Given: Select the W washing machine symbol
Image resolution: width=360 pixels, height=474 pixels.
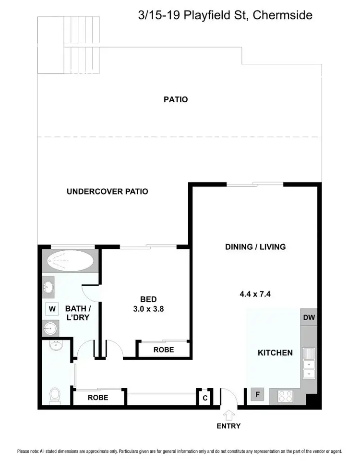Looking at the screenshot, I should coord(51,309).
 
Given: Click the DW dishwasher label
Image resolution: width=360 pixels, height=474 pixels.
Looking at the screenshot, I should coord(309,317).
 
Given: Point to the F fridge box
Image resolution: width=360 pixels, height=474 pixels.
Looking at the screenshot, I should coord(257,395).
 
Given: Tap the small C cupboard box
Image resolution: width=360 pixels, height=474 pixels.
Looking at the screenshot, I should coord(205,398).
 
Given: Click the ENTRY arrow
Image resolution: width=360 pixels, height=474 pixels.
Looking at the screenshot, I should coord(228,414).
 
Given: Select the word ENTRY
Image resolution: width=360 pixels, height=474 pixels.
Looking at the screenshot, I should coord(228,426).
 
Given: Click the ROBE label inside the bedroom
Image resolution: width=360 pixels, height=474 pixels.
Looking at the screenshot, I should coord(164,350).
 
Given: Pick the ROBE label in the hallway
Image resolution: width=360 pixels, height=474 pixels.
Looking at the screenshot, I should coord(98,398).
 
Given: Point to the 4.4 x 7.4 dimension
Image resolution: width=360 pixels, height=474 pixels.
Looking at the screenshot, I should coord(255,294).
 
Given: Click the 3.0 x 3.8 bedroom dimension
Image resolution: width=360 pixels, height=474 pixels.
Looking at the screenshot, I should coord(148,309).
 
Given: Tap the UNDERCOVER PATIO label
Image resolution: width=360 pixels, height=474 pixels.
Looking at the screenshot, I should coord(107,192).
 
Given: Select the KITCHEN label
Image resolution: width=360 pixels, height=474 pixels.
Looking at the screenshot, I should coord(275,352).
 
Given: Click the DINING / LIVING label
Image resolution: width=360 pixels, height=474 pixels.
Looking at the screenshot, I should coord(255,247).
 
